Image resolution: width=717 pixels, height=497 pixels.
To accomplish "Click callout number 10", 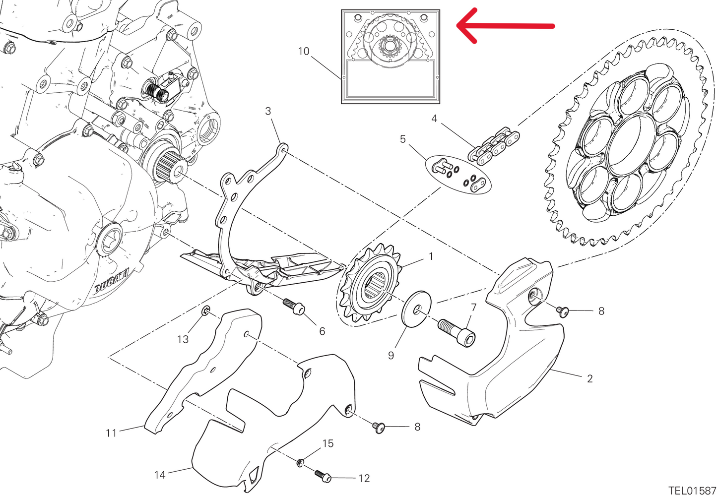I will click(x=304, y=51).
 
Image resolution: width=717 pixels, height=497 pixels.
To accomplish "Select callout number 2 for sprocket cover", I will click(x=589, y=379).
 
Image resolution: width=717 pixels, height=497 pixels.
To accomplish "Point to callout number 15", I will click(x=328, y=443).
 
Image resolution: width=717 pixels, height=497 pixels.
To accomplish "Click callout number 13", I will click(x=183, y=339).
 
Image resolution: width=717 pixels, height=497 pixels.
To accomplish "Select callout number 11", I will click(x=111, y=433).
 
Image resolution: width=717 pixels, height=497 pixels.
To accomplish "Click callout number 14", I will click(x=160, y=475).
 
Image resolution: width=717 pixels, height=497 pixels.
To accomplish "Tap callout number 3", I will click(x=268, y=111).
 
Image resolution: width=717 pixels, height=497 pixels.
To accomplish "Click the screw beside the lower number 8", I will click(x=380, y=427).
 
